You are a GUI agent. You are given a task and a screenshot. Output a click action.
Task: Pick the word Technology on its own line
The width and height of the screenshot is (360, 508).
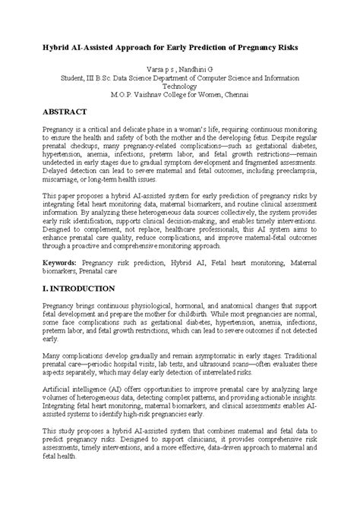[179, 87]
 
